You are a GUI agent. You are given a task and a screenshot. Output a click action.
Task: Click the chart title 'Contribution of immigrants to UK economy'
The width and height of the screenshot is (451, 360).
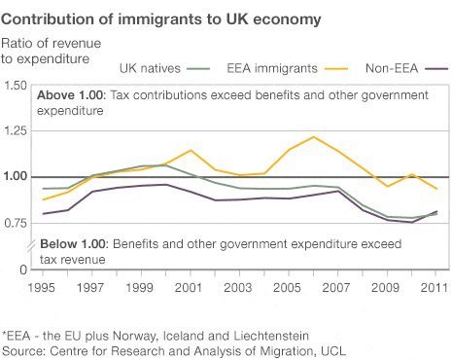159,19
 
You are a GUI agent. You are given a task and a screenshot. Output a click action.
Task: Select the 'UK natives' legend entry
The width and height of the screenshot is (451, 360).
152,68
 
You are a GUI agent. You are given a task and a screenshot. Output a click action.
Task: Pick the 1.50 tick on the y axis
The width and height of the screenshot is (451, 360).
15,87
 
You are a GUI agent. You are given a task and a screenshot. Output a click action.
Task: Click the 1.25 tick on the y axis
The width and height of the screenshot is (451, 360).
15,131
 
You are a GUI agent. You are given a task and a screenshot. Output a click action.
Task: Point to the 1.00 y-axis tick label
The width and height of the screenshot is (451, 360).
15,177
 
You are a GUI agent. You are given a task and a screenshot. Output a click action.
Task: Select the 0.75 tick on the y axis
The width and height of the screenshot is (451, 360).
15,222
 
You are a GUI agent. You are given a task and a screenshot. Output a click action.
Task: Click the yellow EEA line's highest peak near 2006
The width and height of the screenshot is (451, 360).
313,137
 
